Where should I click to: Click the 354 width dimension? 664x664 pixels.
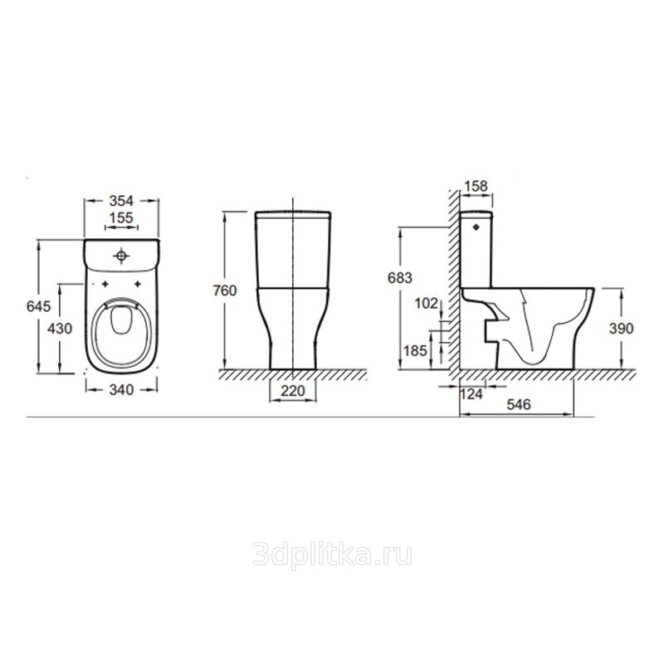coord(121,200)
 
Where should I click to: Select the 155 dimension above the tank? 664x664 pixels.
coord(121,217)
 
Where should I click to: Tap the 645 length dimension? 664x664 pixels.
coord(38,305)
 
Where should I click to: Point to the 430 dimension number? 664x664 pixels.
coord(60,328)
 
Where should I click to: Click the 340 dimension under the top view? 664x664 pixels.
coord(121,389)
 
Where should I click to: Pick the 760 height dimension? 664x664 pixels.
coord(225,290)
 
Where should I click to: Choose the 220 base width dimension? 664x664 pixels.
coord(293,390)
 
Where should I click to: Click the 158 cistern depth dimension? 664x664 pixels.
coord(476,186)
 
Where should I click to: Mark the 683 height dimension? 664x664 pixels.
coord(400,278)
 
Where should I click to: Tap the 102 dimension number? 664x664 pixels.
coord(426,303)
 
